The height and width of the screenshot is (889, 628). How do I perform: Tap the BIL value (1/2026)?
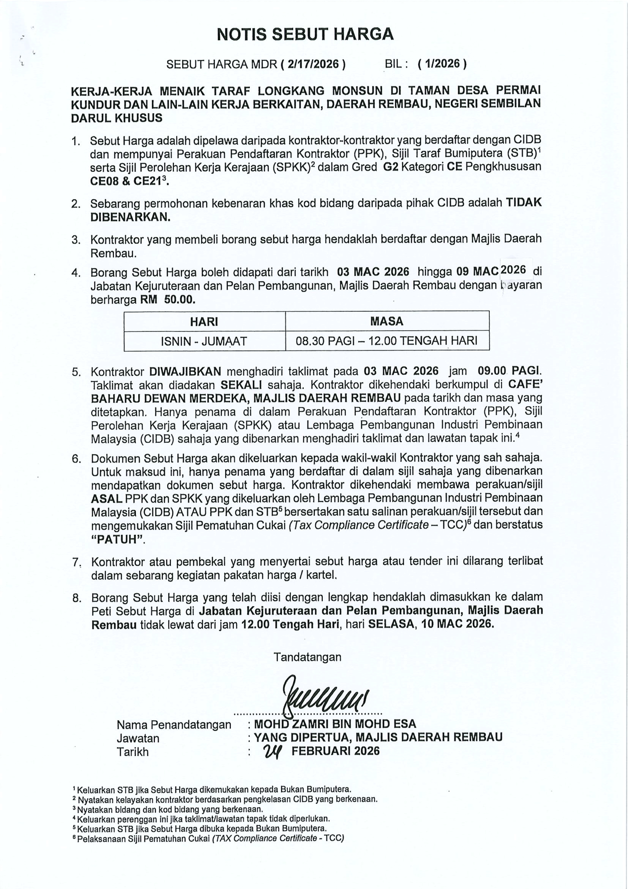coord(442,64)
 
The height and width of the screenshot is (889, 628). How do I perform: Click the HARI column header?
coord(204,321)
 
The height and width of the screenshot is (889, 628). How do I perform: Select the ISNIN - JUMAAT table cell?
coord(204,341)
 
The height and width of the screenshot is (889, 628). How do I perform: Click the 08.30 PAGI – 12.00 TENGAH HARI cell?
coord(387,341)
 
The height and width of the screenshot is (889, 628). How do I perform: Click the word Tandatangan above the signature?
coord(308,657)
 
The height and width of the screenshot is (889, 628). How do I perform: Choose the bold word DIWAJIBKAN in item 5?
coord(185,371)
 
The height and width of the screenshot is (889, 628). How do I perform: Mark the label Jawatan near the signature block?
coord(138,738)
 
